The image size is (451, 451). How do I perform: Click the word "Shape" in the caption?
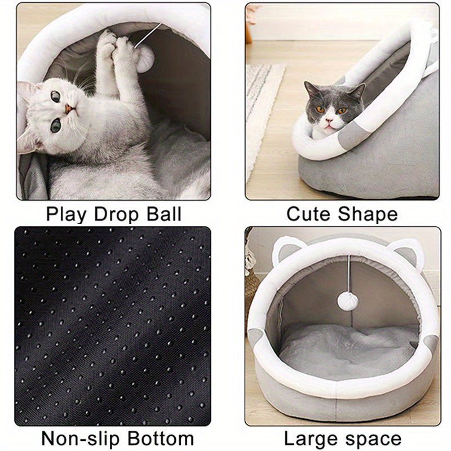[368, 214]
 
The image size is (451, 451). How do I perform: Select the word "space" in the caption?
[374, 439]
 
